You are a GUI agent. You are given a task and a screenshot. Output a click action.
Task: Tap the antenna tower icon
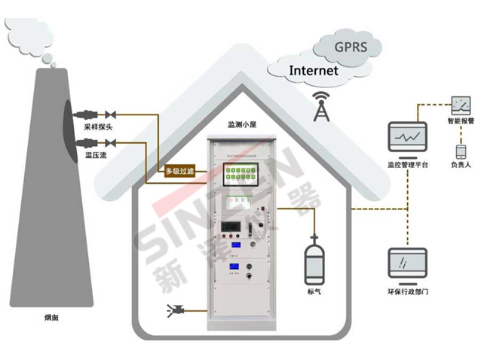(322, 108)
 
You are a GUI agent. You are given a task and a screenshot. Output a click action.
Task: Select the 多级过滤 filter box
(180, 171)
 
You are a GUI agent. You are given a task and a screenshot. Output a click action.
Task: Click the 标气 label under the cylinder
(314, 291)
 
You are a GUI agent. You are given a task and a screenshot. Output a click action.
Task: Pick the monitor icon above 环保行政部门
(406, 264)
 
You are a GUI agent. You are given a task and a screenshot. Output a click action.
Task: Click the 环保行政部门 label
(407, 291)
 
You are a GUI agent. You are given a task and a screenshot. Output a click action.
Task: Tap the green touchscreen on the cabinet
(241, 176)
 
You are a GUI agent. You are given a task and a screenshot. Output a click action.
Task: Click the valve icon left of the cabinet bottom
(181, 309)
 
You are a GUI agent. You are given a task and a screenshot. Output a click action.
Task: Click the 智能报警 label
(461, 121)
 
